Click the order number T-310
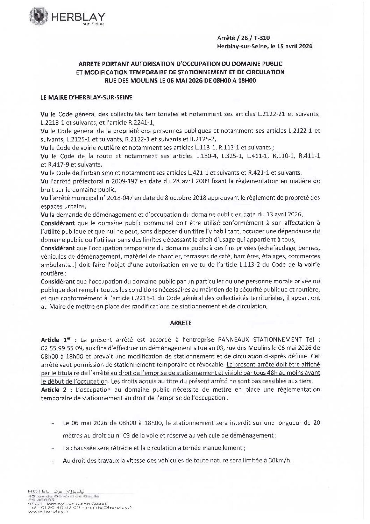(x=262, y=39)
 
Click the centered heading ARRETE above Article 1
(x=180, y=323)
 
